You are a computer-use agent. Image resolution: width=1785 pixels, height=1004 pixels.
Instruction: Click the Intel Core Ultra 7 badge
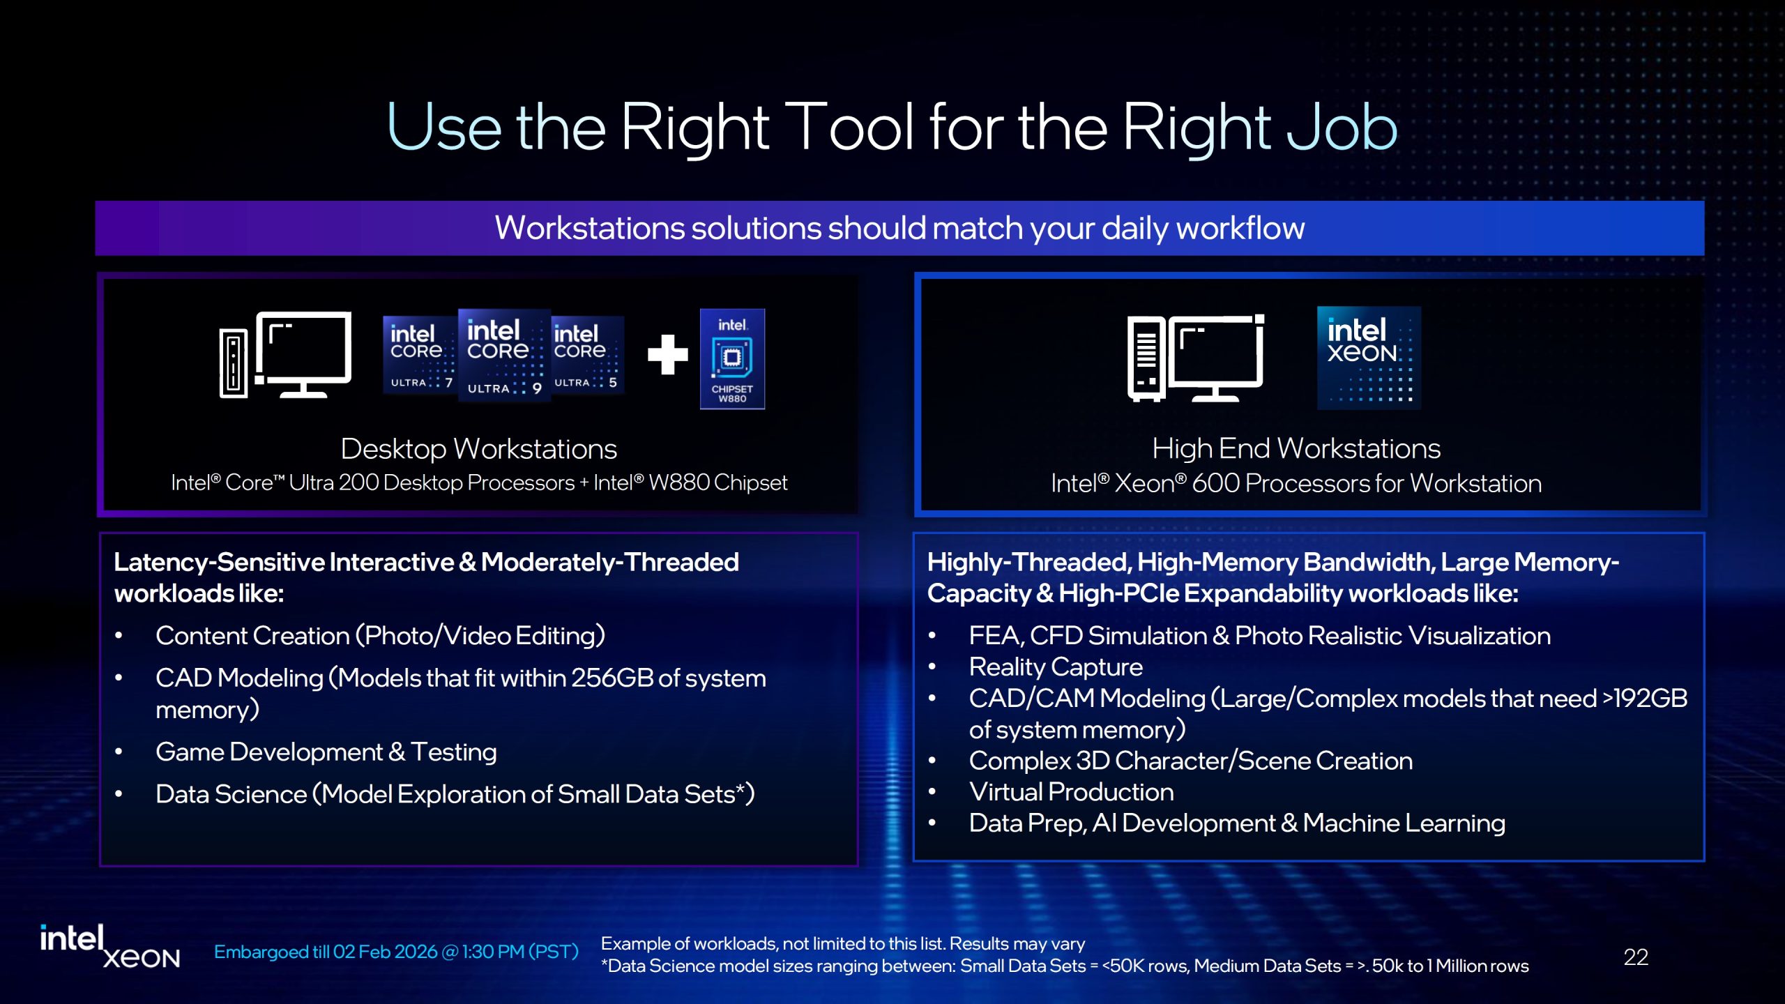click(418, 355)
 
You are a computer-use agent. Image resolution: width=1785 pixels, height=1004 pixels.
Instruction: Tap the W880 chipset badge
click(732, 358)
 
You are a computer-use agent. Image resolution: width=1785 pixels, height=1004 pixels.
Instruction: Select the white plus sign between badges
click(667, 354)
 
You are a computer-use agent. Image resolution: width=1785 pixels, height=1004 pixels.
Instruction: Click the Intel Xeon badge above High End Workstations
click(1368, 357)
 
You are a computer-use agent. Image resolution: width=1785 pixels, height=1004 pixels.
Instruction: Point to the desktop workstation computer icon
click(286, 356)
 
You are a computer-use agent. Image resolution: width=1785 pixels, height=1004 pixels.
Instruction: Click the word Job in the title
click(1342, 128)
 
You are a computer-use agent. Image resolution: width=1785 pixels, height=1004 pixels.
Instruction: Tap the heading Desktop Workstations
click(478, 449)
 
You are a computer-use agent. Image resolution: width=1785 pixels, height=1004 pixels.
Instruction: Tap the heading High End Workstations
click(1296, 448)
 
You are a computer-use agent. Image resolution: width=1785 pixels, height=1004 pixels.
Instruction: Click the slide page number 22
click(1635, 957)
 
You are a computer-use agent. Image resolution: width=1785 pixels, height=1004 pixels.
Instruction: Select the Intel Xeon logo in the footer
click(109, 947)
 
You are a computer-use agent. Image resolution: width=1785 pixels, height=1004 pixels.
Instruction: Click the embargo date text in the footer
click(395, 952)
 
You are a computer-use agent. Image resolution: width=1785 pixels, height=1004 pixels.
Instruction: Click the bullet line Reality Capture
click(1055, 667)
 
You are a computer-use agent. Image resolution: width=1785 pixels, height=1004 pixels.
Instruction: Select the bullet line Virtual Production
click(1071, 792)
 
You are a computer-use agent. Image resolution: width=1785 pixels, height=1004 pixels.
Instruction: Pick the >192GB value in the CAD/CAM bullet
click(1645, 699)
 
